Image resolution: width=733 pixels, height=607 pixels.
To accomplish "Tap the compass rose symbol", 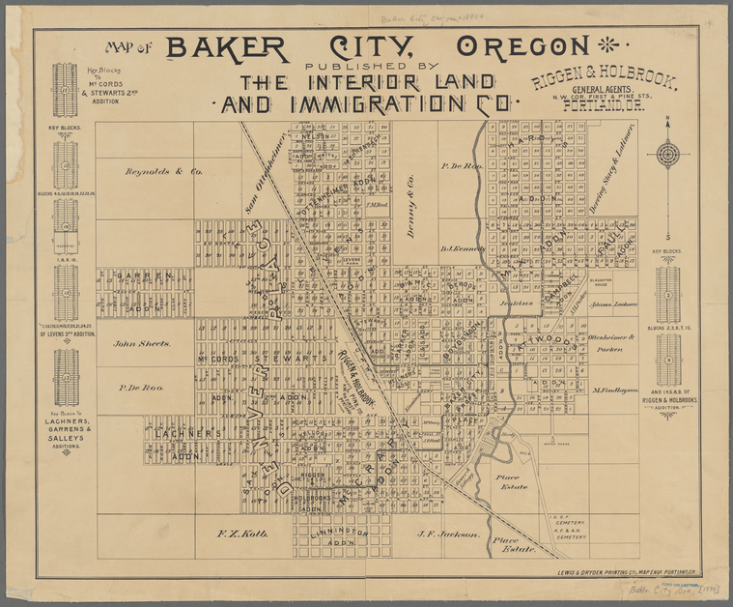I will point(667,154).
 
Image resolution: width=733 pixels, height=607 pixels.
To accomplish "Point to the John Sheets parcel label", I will point(142,343).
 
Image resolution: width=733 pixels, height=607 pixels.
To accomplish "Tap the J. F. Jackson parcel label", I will point(448,534).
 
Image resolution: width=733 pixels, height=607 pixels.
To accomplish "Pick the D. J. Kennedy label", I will point(461,248).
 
